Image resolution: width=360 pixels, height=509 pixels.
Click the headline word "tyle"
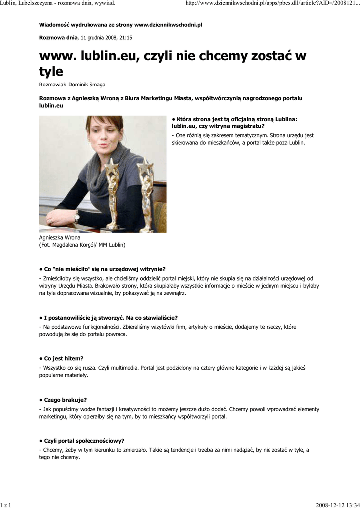point(51,72)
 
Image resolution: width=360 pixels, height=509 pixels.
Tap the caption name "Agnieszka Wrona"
point(60,238)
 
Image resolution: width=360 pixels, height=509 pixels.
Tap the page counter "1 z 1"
point(6,505)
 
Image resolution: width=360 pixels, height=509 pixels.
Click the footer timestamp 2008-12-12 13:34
point(337,505)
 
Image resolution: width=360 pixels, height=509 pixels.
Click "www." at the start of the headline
point(56,56)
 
